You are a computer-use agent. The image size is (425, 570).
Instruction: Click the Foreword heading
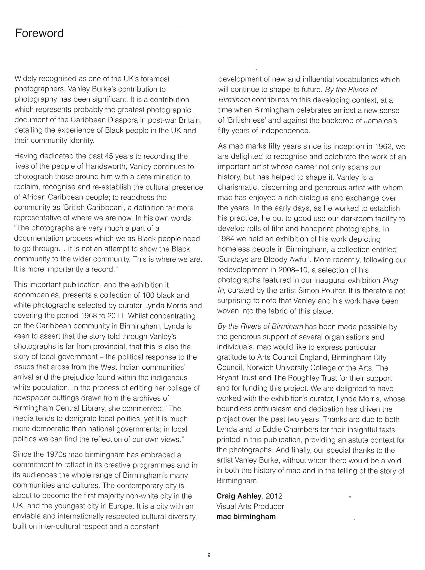pyautogui.click(x=39, y=33)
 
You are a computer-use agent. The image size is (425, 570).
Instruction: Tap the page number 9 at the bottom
pyautogui.click(x=209, y=556)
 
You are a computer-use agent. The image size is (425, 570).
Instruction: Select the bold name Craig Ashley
pyautogui.click(x=239, y=496)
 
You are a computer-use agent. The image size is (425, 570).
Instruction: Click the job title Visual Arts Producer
pyautogui.click(x=250, y=506)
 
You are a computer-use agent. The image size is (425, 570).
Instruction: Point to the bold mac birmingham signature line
pyautogui.click(x=246, y=517)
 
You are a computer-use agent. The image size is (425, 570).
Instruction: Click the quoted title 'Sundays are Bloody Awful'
pyautogui.click(x=271, y=260)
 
